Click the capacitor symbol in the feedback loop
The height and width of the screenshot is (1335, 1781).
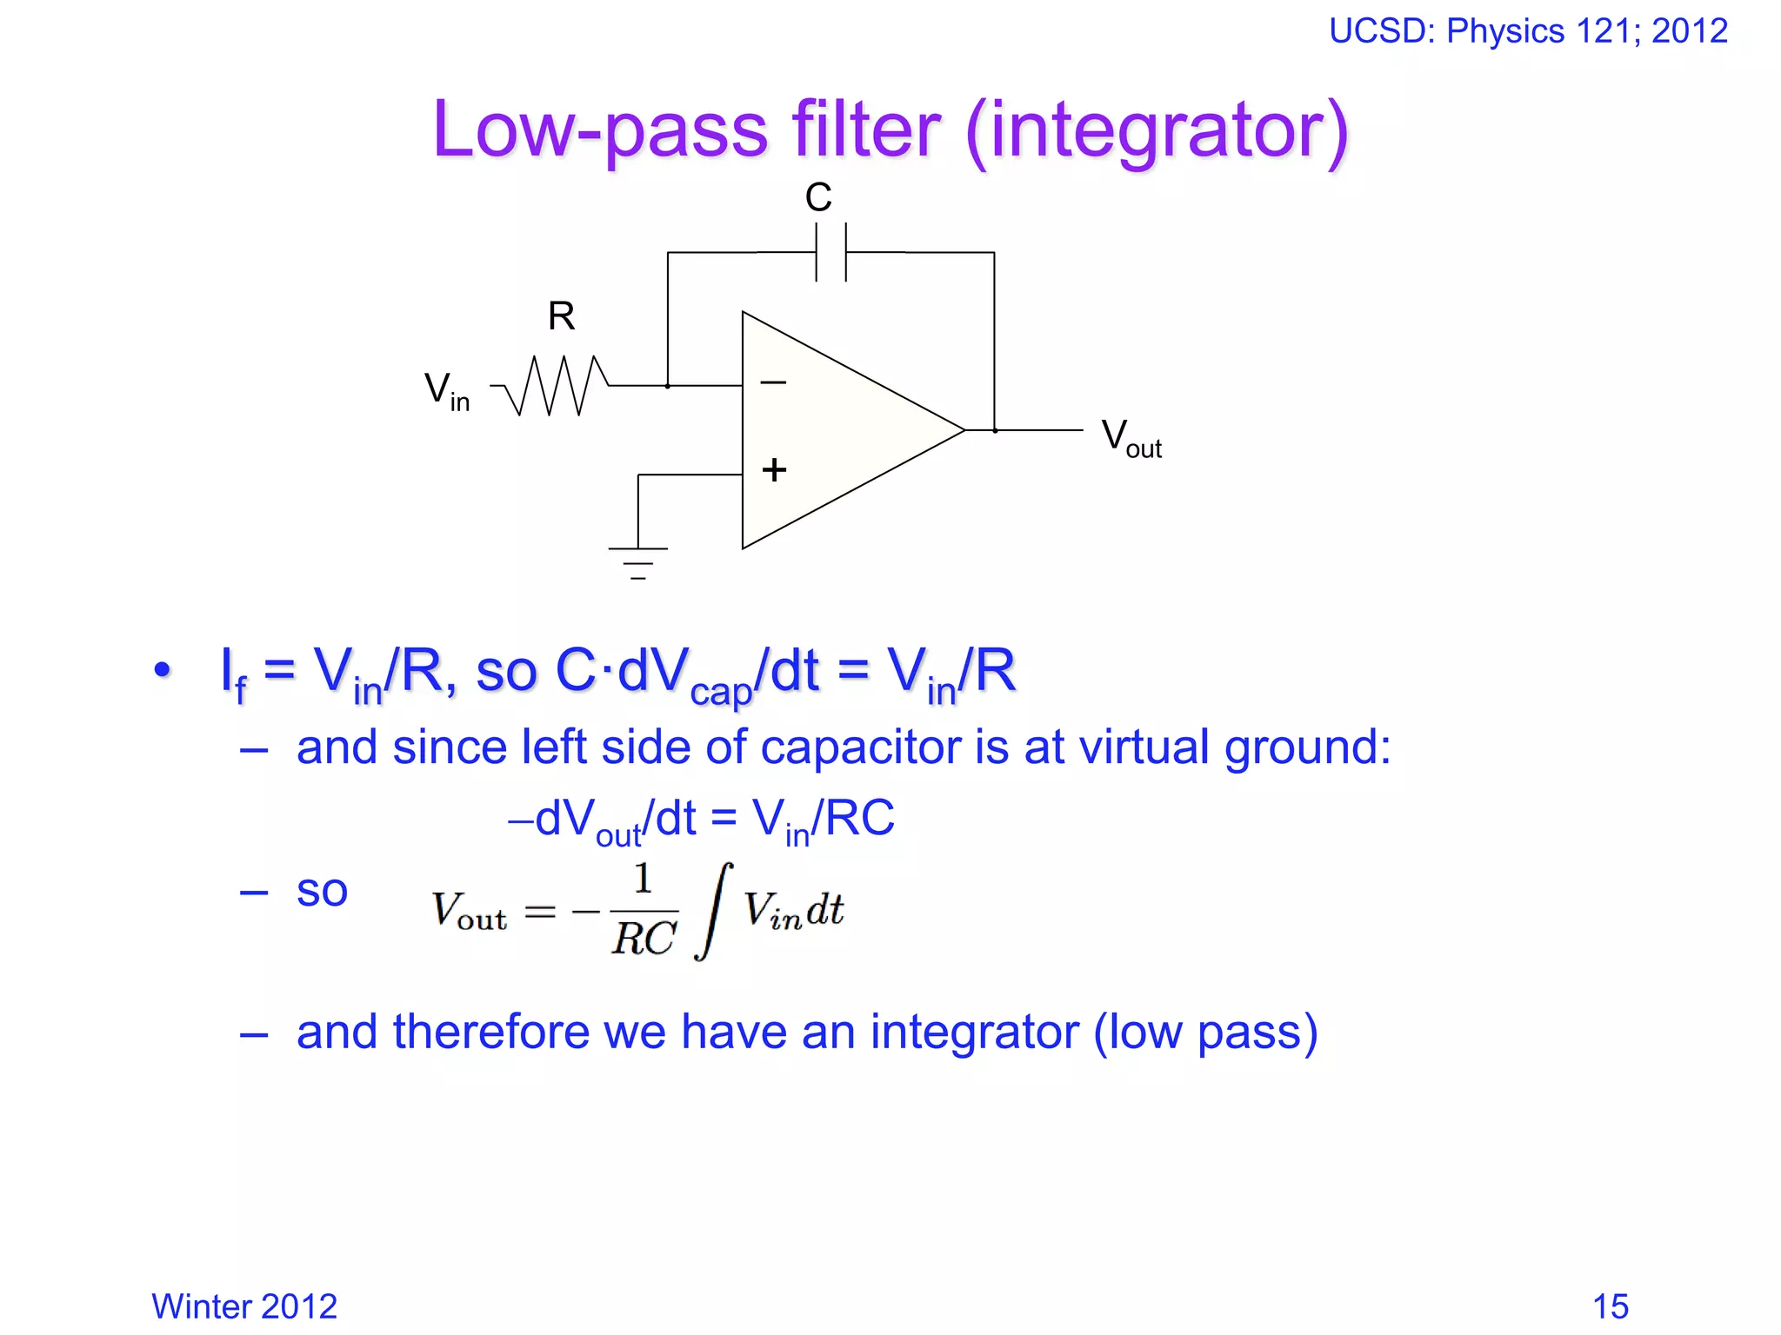(830, 252)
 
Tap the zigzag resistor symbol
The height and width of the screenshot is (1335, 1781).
(557, 385)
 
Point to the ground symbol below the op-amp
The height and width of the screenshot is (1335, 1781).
(637, 561)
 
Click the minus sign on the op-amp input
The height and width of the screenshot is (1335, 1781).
(772, 382)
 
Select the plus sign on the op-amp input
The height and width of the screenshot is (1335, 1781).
(773, 470)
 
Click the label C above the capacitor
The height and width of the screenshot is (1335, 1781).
(818, 197)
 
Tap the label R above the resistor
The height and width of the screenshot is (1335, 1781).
(561, 316)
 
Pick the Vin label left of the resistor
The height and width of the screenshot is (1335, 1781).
(446, 390)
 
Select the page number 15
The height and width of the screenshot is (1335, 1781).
(1610, 1306)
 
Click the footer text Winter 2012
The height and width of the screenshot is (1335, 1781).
(244, 1306)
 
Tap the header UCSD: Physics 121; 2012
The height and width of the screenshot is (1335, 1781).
(1528, 31)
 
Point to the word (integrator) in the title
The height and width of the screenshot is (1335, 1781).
(1157, 130)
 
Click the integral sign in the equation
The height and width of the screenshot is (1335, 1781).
(713, 911)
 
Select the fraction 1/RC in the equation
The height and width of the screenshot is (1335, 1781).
(644, 911)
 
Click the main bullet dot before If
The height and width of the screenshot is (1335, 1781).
(162, 670)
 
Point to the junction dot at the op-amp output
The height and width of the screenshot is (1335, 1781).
(995, 430)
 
